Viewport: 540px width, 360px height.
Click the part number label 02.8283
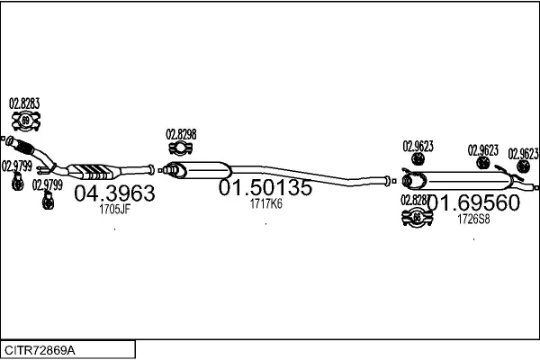tap(24, 104)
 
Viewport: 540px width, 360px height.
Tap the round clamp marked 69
tap(25, 121)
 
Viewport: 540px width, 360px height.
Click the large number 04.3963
tap(113, 193)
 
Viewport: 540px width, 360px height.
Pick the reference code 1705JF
tap(114, 210)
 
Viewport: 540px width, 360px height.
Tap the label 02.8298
tap(181, 134)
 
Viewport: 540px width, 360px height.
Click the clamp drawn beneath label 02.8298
tap(180, 148)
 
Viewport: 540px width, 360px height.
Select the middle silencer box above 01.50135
tap(205, 169)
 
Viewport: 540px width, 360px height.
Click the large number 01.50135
tap(265, 188)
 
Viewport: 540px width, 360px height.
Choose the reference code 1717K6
tap(265, 204)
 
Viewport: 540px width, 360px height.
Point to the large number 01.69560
tap(473, 203)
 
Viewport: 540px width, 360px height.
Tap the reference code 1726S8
tap(473, 219)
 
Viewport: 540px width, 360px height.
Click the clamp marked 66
tap(417, 217)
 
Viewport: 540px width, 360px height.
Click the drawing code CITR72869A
tap(40, 347)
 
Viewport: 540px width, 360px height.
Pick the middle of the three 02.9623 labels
tap(482, 150)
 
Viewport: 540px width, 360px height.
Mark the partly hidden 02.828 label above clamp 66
tap(413, 200)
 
